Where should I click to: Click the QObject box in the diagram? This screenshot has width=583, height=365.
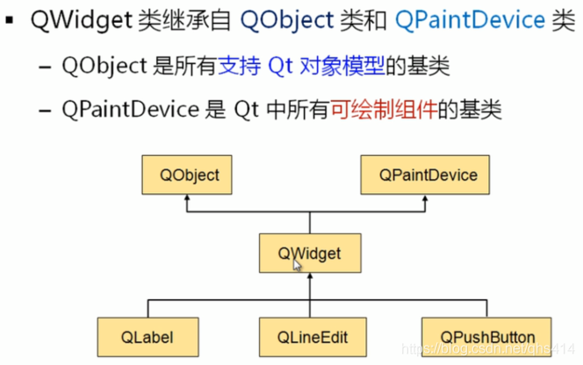[x=190, y=175]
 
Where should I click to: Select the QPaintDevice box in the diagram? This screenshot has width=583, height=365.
[x=429, y=175]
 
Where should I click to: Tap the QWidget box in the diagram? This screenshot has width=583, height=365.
[x=309, y=254]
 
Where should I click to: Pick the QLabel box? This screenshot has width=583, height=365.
[x=148, y=337]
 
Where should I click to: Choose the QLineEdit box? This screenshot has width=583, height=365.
[x=309, y=337]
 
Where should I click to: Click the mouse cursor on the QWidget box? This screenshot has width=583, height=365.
[x=298, y=265]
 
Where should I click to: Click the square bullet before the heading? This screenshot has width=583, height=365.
[x=11, y=20]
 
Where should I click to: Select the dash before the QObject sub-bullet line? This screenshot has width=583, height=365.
[x=45, y=66]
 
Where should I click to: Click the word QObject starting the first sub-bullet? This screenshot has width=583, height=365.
[x=99, y=65]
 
